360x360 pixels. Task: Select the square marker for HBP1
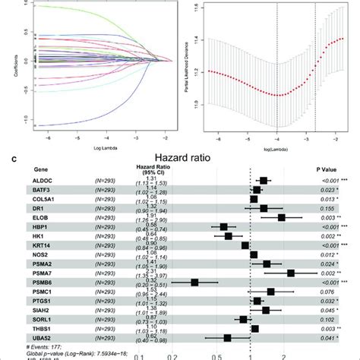pos(223,226)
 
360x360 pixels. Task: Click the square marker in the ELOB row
pos(281,214)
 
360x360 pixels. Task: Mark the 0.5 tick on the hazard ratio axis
pos(218,355)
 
